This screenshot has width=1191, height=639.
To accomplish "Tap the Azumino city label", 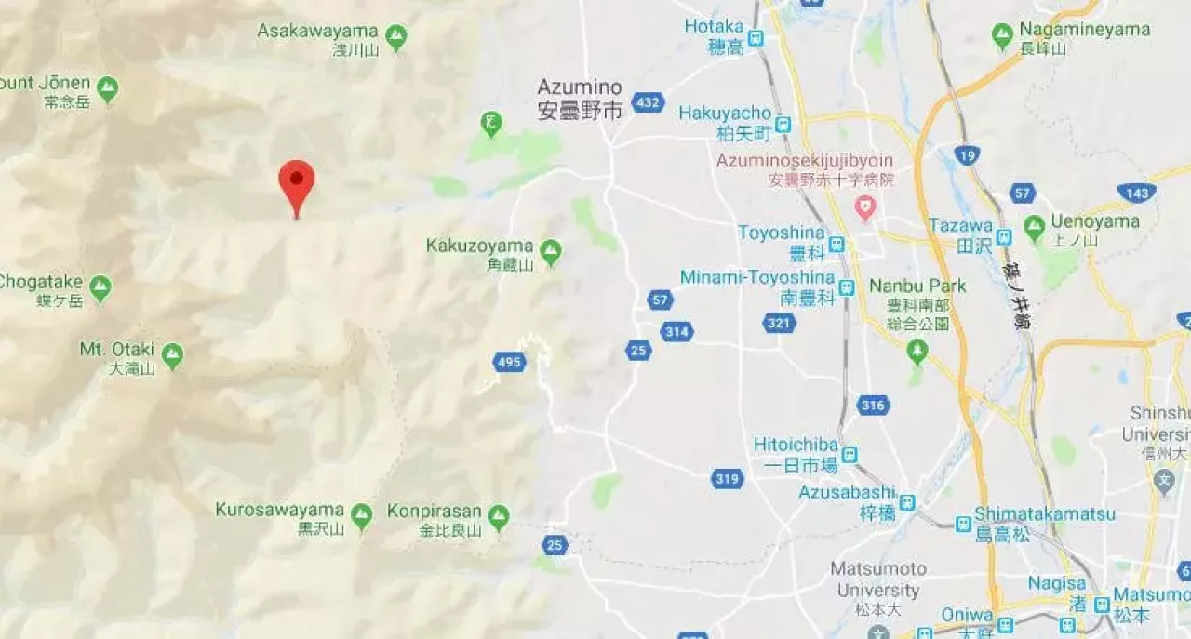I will pos(580,99).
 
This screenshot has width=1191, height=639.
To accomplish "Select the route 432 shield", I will pos(648,102).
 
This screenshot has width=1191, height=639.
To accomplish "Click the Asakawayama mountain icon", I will pos(395,37).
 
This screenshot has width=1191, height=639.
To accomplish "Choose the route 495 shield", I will pos(509,362).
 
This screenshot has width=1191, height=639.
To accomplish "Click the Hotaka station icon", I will pos(756,38).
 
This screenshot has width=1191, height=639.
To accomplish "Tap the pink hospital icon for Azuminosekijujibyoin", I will pos(865,206).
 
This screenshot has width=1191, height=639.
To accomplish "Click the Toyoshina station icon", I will pos(836,244).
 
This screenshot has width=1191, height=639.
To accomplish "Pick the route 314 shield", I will pos(676,332).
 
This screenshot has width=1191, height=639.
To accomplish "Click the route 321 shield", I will pos(779,323).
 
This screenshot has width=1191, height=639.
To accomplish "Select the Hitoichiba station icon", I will pos(849,455).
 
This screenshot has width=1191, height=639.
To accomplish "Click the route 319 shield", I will pos(728,479).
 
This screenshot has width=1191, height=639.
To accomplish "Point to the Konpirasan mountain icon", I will pos(499,516).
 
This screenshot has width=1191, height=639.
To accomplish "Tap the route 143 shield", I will pos(1137,193).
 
